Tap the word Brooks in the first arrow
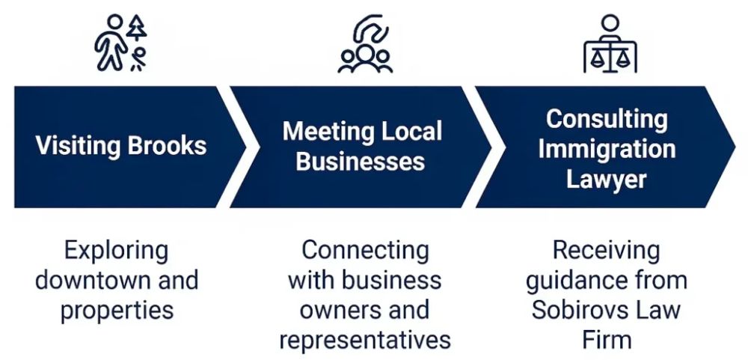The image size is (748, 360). (166, 145)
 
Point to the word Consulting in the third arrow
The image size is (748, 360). (607, 118)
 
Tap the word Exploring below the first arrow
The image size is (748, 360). (116, 250)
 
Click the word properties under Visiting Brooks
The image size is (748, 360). (117, 309)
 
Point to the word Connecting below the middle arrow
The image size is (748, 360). (365, 250)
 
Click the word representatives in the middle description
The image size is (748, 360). (365, 340)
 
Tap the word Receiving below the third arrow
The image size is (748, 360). (607, 250)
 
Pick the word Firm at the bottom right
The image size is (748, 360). (607, 340)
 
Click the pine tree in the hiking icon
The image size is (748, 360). (137, 28)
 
